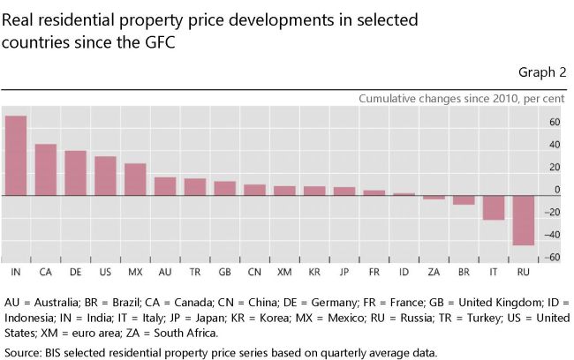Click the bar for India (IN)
click(x=15, y=155)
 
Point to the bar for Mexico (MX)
click(x=135, y=179)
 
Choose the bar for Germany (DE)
click(x=75, y=173)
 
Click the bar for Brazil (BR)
click(x=464, y=199)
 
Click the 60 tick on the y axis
click(x=555, y=122)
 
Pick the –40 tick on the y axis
click(x=552, y=235)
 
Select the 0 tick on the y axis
click(x=557, y=190)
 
